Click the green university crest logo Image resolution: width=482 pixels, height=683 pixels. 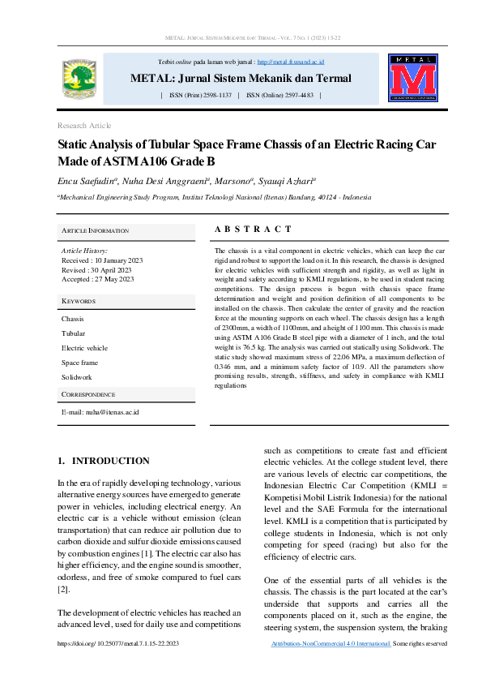[x=79, y=79]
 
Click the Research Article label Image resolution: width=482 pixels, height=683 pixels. [x=84, y=126]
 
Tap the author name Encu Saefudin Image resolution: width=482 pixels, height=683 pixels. [x=88, y=181]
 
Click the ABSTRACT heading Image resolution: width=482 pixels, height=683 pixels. [x=253, y=230]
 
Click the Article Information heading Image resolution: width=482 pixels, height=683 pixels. [x=95, y=231]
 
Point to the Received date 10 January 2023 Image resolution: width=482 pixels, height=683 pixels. [x=102, y=260]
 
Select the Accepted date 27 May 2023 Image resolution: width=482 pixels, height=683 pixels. [x=97, y=279]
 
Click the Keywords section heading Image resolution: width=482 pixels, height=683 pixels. [x=79, y=301]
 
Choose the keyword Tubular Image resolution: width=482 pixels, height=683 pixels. [x=73, y=333]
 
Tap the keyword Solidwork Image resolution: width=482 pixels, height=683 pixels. [x=77, y=377]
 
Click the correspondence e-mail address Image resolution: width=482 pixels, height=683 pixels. [x=100, y=412]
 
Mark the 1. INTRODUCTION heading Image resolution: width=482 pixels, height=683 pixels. [x=103, y=461]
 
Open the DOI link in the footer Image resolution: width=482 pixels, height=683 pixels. [x=118, y=643]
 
